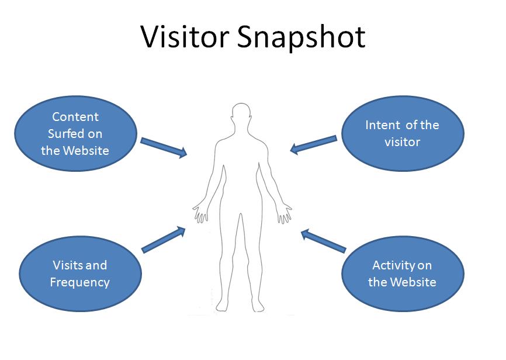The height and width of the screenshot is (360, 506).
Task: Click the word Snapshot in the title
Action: (302, 37)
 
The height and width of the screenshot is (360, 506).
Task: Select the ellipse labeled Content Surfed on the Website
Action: (75, 134)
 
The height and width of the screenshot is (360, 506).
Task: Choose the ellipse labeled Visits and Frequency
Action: (80, 274)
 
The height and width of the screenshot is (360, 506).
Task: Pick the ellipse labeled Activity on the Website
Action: (403, 274)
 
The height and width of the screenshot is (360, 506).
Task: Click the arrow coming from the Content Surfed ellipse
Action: (164, 147)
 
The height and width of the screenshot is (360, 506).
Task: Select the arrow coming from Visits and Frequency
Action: (164, 240)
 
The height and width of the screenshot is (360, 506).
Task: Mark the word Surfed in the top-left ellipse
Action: (75, 134)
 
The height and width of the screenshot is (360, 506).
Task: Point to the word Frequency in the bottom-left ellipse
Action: (80, 282)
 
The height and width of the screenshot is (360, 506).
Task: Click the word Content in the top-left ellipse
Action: (75, 117)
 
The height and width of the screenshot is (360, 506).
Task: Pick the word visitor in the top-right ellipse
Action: (403, 142)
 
